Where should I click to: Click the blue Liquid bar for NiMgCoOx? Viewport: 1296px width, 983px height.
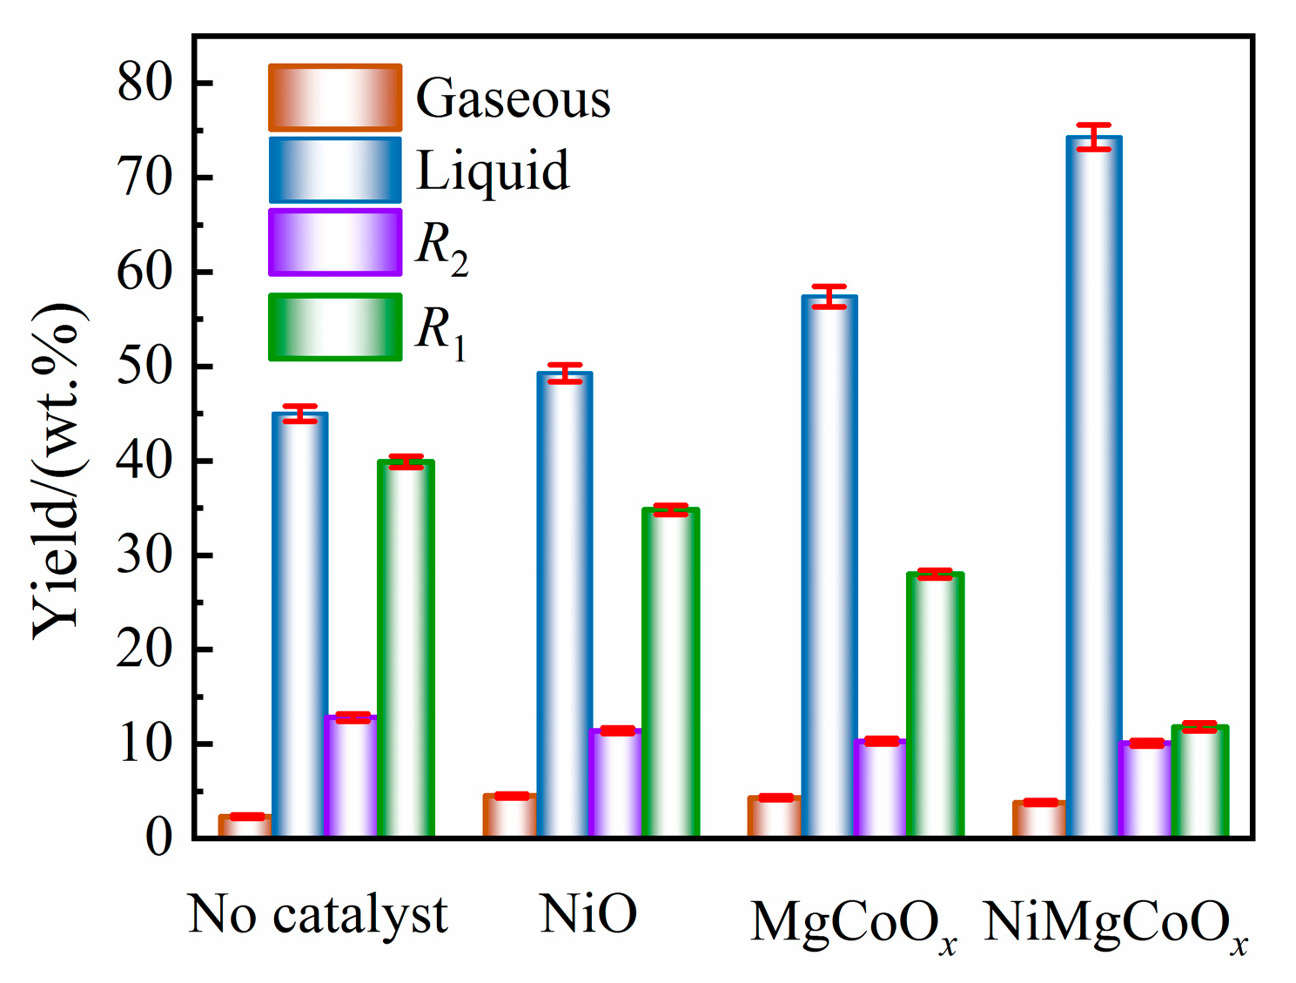[1094, 488]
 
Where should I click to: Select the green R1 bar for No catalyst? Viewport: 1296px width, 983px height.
[406, 649]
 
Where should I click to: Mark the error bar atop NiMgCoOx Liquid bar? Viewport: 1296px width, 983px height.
[1094, 138]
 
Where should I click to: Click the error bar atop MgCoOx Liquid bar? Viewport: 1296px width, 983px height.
[829, 297]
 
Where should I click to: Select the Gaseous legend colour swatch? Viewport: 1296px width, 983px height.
[335, 98]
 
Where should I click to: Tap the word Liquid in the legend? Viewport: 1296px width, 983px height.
[493, 171]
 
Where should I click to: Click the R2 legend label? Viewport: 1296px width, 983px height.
[441, 247]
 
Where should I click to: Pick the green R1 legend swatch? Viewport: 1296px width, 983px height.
[335, 327]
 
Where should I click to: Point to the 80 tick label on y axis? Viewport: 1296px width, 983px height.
[145, 84]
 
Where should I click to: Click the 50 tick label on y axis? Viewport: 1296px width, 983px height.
[145, 367]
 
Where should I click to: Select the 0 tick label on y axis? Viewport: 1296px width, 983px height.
[158, 838]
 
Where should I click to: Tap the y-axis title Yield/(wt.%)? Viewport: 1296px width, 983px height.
[59, 470]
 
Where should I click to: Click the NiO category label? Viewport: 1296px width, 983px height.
[588, 914]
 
